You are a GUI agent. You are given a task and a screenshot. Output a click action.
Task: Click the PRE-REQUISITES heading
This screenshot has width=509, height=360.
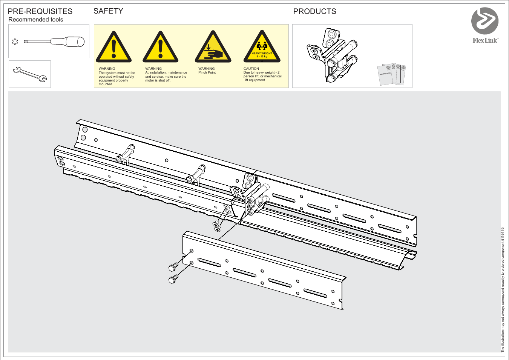40,11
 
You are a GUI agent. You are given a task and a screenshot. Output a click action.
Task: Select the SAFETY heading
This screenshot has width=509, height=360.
108,11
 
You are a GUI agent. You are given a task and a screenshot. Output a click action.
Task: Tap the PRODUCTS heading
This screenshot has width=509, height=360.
314,11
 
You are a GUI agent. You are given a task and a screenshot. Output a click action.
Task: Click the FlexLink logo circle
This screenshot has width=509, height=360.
485,21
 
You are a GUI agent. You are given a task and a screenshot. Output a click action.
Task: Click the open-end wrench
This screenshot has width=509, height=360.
30,74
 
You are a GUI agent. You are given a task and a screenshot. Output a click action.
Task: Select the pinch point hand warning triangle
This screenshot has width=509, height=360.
213,48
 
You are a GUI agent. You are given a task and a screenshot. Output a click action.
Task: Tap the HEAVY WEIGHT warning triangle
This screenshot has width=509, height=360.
262,48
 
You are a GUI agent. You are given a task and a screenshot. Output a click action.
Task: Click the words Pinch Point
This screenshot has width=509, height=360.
207,72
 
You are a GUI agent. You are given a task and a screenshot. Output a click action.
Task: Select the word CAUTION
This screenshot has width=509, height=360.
251,69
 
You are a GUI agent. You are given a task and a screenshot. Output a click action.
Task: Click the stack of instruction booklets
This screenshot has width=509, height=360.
392,74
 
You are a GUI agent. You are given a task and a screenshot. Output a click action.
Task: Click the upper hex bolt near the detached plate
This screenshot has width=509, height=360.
173,267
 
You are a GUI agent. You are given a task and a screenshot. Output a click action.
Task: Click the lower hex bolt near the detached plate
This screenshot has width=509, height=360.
173,279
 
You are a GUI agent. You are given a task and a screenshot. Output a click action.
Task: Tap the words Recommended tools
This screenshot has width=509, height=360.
36,20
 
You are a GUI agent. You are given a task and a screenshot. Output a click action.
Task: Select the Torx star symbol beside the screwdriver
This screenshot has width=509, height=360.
15,42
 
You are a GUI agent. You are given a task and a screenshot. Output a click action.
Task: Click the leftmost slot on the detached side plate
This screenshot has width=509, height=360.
209,262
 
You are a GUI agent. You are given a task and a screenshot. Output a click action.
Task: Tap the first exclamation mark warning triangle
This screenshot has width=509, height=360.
113,48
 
